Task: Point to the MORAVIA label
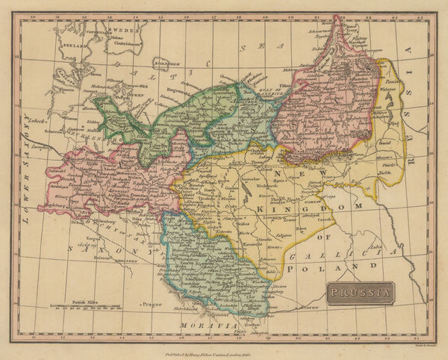click(x=203, y=326)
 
